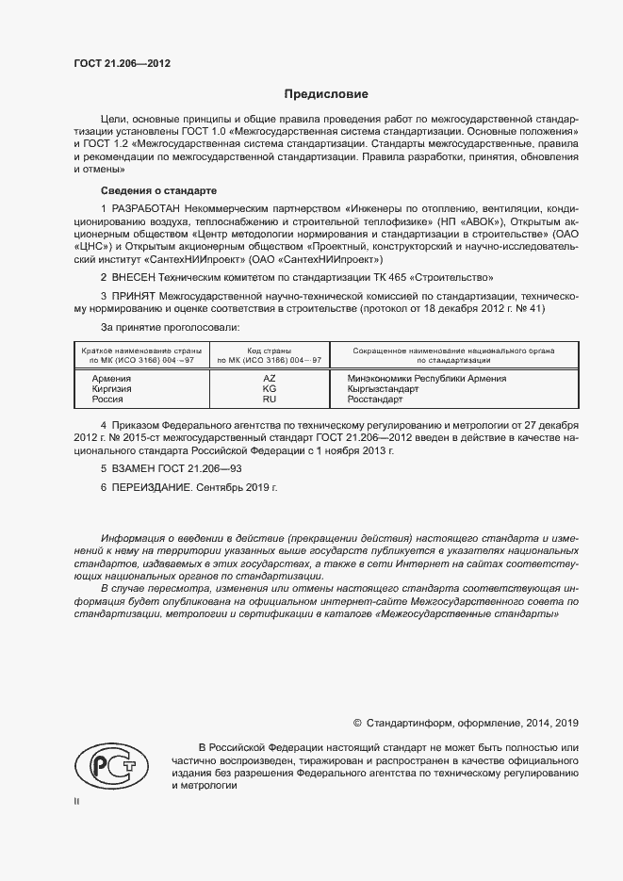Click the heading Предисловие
tap(327, 94)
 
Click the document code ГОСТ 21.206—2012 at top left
tap(122, 65)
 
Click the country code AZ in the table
tap(270, 379)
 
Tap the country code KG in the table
tap(270, 389)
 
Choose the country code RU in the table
tap(270, 400)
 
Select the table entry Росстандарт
tap(375, 400)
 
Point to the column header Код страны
tap(270, 351)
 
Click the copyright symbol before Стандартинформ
tap(357, 723)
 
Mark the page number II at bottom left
tap(77, 802)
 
